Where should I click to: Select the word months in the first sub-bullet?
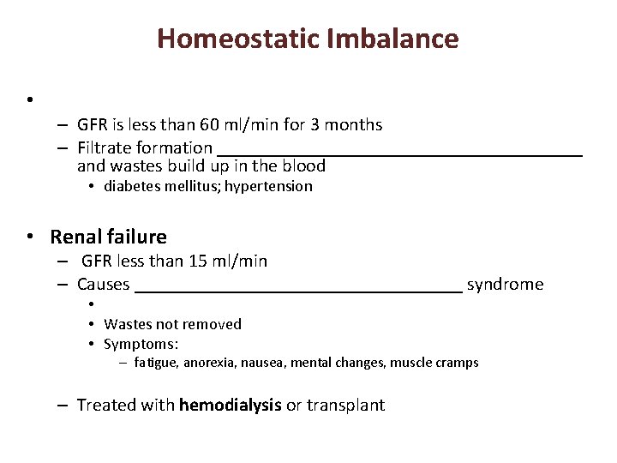tap(354, 125)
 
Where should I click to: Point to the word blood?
tap(305, 166)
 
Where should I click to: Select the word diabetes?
tap(133, 186)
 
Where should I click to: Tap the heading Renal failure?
tap(109, 238)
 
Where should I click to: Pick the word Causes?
tap(103, 285)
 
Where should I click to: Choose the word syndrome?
tap(505, 285)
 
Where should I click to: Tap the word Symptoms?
tap(141, 345)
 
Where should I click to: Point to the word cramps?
tap(457, 363)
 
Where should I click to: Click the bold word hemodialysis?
tap(230, 406)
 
